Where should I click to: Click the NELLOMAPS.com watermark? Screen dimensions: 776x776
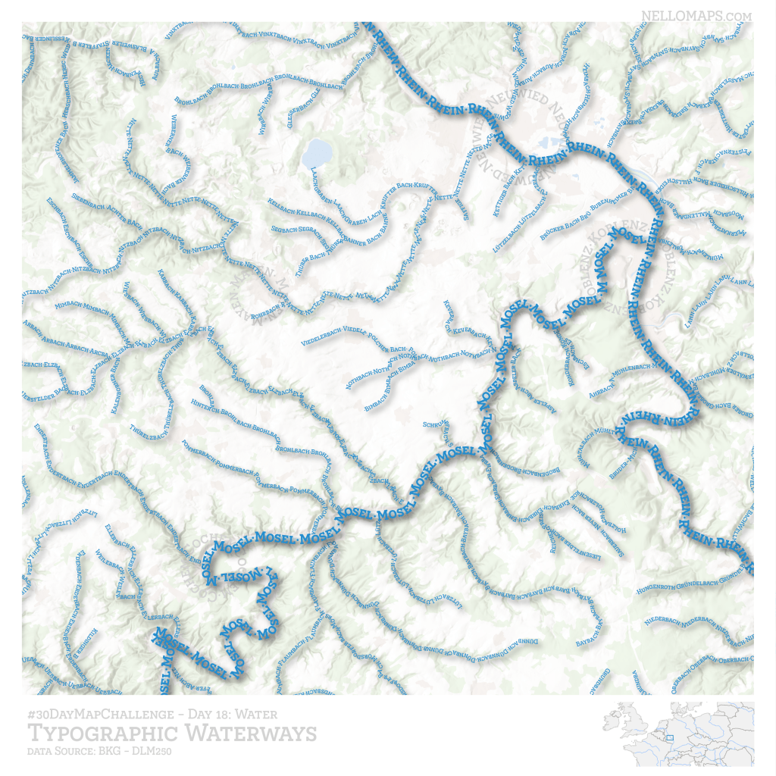coord(696,14)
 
